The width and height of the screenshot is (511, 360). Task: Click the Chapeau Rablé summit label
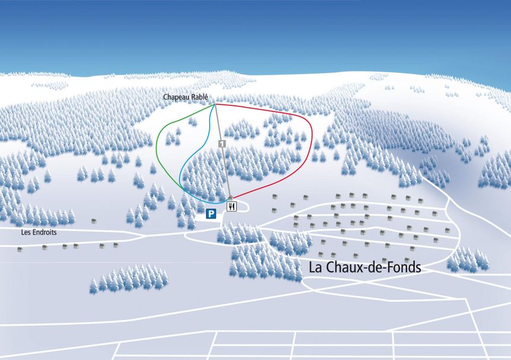click(x=188, y=97)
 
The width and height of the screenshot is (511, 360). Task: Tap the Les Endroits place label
click(x=39, y=232)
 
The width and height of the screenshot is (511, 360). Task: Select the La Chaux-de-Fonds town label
click(x=364, y=267)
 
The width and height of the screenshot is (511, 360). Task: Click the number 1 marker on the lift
click(x=222, y=144)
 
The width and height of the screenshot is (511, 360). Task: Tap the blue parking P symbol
click(x=210, y=214)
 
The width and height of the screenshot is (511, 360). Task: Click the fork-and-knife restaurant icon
click(x=232, y=206)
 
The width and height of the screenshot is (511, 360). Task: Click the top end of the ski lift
click(x=215, y=105)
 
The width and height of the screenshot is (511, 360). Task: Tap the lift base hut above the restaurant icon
click(x=231, y=197)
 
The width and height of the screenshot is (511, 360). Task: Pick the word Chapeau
click(x=178, y=97)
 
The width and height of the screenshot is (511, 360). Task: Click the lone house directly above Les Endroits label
click(x=93, y=221)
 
